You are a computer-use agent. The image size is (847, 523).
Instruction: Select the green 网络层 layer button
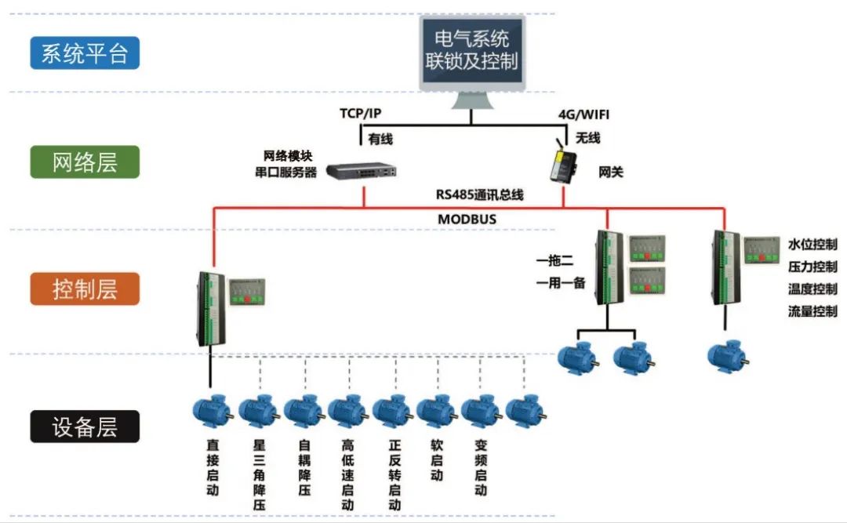click(x=85, y=162)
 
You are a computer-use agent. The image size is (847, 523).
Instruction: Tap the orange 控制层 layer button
click(x=85, y=289)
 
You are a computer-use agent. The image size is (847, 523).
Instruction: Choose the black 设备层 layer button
click(x=85, y=427)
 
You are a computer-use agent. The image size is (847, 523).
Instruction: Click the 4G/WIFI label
click(x=583, y=114)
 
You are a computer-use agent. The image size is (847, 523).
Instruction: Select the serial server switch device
click(x=362, y=169)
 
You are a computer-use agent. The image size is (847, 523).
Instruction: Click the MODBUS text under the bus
click(x=467, y=220)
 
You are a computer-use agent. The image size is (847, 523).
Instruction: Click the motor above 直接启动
click(x=212, y=411)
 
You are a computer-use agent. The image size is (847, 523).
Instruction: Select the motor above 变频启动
click(x=481, y=411)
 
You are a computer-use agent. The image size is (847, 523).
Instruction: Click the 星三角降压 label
click(x=260, y=475)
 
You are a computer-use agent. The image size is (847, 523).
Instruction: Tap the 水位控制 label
click(x=812, y=245)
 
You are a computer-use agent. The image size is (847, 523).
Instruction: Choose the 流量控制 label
click(x=812, y=311)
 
